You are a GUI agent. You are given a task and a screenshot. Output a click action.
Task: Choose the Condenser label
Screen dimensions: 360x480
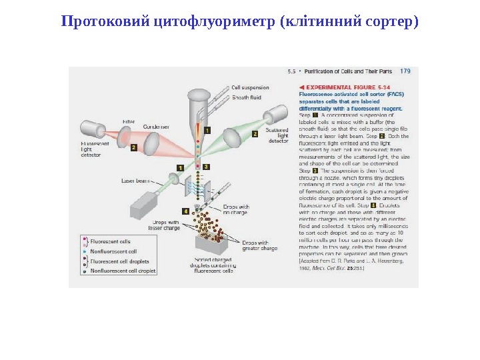pyautogui.click(x=156, y=126)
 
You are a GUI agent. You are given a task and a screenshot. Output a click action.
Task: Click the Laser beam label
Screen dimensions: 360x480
pyautogui.click(x=135, y=180)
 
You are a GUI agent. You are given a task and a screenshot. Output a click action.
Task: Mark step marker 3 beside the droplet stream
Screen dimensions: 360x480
pyautogui.click(x=206, y=166)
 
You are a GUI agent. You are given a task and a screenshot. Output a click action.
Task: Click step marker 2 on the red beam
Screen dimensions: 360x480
pyautogui.click(x=134, y=147)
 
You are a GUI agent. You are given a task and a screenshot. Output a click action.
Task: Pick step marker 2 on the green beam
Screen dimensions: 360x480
pyautogui.click(x=254, y=133)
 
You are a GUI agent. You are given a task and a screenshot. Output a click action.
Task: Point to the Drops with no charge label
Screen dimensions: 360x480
pyautogui.click(x=235, y=209)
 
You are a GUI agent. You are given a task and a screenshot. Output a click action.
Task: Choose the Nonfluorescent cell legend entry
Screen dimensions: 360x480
pyautogui.click(x=113, y=251)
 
